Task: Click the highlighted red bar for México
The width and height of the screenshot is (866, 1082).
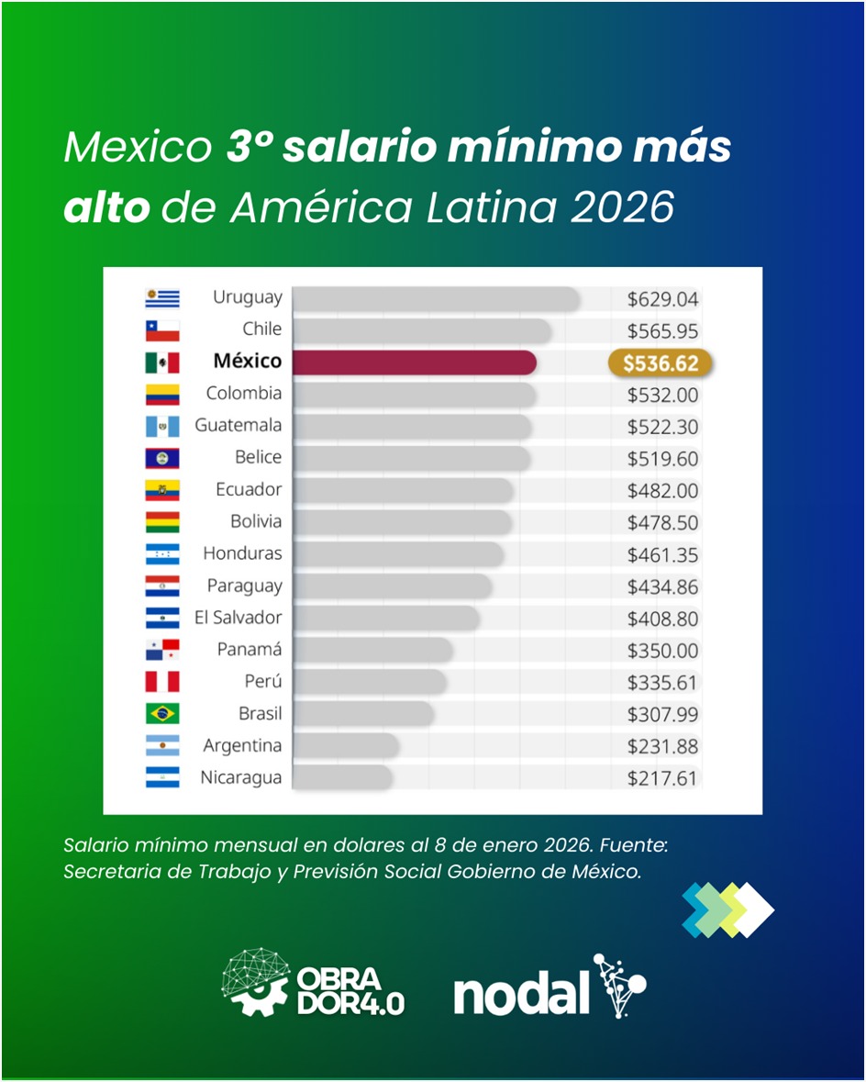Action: click(414, 363)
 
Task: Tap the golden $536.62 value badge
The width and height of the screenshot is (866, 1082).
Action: click(661, 363)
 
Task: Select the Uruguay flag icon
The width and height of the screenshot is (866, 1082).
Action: click(162, 298)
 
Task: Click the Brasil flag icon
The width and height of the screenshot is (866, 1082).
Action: click(162, 714)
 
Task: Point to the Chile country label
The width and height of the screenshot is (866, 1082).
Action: click(262, 329)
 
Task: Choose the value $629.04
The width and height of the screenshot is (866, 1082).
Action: click(662, 299)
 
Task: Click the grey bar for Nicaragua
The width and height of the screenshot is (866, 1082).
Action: click(343, 778)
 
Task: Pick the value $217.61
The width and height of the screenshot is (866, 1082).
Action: click(662, 779)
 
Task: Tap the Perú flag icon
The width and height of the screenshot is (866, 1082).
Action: click(162, 682)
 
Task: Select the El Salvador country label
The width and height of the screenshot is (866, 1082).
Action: click(238, 618)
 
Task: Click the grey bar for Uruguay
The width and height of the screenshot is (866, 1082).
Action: click(436, 299)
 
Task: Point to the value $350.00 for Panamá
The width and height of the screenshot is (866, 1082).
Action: click(662, 651)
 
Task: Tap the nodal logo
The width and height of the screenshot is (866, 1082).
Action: click(550, 988)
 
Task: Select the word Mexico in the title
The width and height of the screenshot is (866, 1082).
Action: click(137, 148)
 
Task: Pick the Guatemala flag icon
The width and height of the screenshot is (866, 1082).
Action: click(162, 426)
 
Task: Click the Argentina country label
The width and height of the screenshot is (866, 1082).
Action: click(242, 746)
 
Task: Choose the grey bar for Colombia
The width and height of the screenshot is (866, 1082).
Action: click(414, 395)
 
